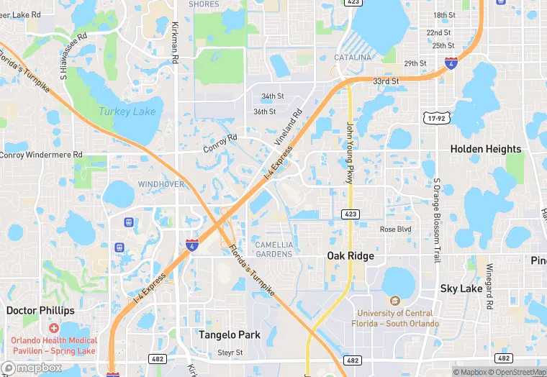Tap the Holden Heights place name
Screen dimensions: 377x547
[486, 149]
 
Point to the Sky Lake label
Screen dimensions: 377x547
[461, 289]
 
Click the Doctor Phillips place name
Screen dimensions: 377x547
[40, 311]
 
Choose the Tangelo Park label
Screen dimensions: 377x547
[230, 335]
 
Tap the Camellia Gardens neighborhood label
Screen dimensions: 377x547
[274, 249]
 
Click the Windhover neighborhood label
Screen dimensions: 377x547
[161, 184]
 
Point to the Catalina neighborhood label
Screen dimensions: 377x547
[353, 58]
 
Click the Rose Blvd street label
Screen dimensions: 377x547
[395, 230]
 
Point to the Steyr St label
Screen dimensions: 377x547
[230, 353]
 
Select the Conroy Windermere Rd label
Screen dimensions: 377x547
[41, 155]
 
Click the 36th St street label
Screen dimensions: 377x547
[264, 112]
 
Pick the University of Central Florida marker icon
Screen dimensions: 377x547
[394, 301]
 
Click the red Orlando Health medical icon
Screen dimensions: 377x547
[54, 328]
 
